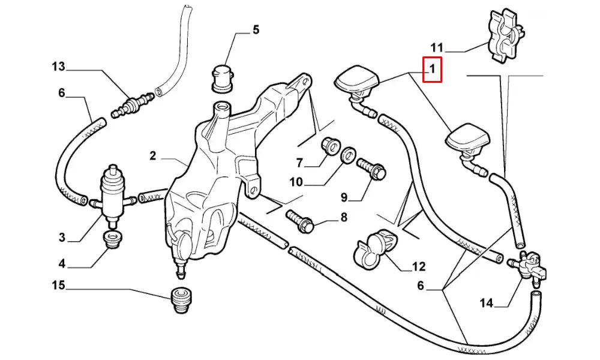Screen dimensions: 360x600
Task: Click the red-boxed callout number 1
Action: coord(432,70)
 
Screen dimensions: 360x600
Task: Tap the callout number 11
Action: coord(436,47)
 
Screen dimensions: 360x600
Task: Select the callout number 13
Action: coord(58,67)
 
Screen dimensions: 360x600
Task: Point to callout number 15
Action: coord(58,286)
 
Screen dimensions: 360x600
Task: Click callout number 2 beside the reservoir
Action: coord(153,156)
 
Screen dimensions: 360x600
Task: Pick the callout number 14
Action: coord(486,304)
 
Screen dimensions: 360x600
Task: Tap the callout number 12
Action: coord(418,266)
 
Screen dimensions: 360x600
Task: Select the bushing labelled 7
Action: coord(329,146)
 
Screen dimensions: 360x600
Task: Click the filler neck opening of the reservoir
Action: coord(221,109)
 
